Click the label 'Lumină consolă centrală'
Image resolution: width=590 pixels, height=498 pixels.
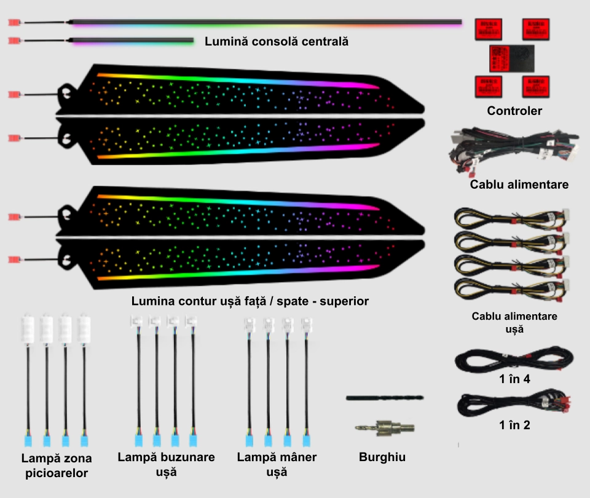point(277,42)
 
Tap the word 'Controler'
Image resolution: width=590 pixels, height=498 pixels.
point(514,111)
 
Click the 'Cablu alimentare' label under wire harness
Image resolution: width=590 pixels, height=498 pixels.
point(519,184)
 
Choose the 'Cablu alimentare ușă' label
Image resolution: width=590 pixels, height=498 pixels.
point(514,323)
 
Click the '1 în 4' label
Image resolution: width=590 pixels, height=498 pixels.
point(514,379)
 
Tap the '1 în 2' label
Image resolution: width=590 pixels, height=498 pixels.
point(514,425)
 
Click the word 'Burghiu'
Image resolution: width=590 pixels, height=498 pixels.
point(382,457)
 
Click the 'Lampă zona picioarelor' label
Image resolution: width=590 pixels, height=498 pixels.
point(56,465)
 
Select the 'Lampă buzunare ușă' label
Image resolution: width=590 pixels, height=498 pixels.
point(166,464)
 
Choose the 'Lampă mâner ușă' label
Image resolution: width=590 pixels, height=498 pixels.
point(277,464)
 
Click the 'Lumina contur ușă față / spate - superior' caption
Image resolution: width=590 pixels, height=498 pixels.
point(250,301)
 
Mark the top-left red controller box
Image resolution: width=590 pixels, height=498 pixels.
point(489,30)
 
